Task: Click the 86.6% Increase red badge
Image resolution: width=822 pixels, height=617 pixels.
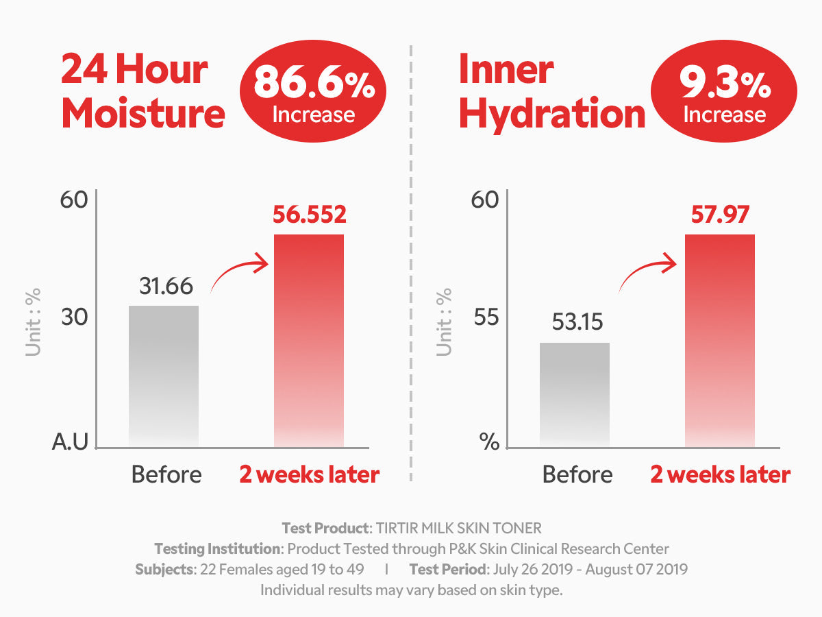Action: (313, 94)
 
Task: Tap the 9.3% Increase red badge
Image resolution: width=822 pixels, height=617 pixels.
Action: (724, 94)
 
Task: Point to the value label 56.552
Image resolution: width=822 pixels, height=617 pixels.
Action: (310, 215)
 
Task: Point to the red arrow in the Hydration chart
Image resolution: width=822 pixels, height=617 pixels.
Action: (647, 272)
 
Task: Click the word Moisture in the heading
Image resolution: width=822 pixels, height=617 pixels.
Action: (143, 114)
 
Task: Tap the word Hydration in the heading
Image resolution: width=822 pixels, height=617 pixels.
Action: (552, 114)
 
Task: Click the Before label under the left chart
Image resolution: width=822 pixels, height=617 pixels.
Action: (166, 474)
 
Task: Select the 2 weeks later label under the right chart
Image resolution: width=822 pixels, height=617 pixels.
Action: (720, 474)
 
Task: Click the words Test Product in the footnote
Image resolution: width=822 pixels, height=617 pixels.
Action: (325, 529)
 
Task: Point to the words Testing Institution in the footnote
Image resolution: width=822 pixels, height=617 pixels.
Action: (218, 549)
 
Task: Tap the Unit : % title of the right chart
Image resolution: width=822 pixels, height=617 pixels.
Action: (445, 322)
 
